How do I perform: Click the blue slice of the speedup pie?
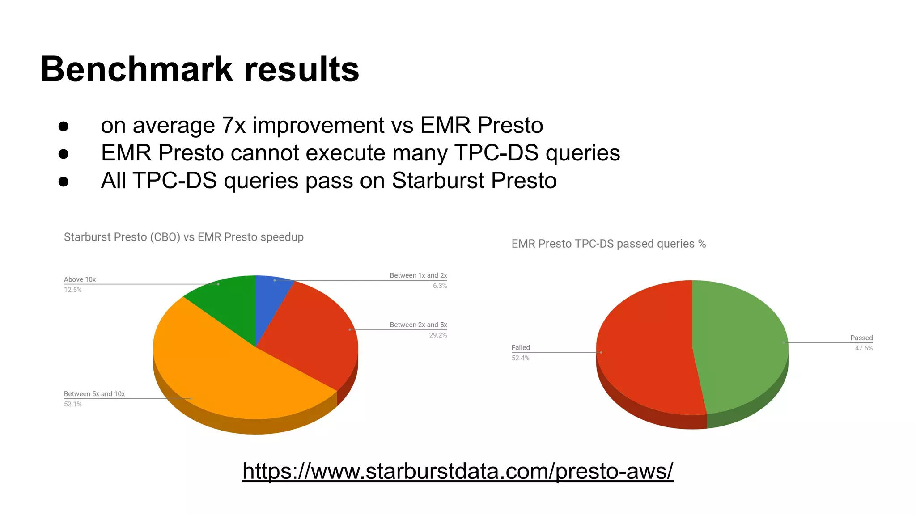click(x=270, y=297)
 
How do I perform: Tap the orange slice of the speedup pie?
click(x=233, y=376)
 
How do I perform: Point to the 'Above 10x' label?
click(x=80, y=279)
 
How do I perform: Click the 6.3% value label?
click(x=440, y=286)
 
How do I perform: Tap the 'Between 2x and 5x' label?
click(x=418, y=325)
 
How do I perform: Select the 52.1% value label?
click(x=72, y=404)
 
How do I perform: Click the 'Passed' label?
click(x=861, y=338)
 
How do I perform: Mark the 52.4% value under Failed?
click(x=520, y=358)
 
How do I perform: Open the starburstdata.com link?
click(x=458, y=471)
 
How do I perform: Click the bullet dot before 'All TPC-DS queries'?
click(x=64, y=182)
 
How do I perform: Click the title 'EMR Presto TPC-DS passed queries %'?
click(x=608, y=244)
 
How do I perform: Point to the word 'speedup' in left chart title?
click(x=282, y=237)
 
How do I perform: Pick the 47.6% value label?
click(x=864, y=348)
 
